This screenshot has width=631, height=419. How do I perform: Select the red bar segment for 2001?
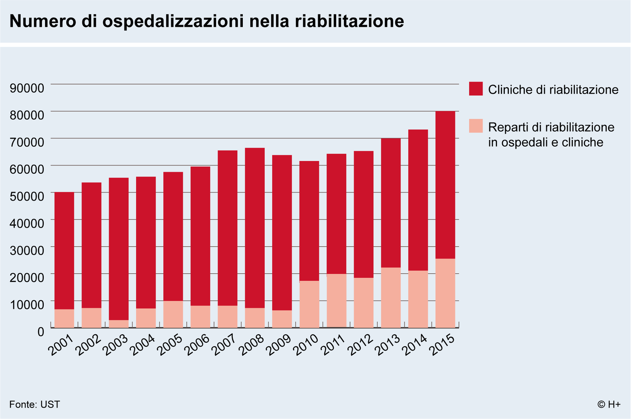click(64, 250)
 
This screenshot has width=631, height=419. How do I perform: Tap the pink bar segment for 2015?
click(445, 293)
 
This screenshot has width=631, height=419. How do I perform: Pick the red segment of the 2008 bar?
click(255, 228)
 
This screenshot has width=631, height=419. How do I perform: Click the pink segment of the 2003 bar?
click(119, 324)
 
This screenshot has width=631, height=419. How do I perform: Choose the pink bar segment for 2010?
click(309, 304)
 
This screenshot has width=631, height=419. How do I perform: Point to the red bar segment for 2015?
click(445, 185)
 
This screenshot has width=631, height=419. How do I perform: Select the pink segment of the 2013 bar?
click(391, 297)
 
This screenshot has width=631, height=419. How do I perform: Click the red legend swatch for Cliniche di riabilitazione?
click(475, 89)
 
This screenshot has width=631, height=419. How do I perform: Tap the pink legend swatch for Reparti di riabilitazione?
click(475, 126)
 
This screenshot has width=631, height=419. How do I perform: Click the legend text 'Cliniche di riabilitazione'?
click(553, 90)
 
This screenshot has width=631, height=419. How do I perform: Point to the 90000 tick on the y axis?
click(27, 88)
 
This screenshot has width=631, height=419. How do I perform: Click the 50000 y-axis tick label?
click(27, 196)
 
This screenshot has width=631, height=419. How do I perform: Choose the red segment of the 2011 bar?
click(336, 214)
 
